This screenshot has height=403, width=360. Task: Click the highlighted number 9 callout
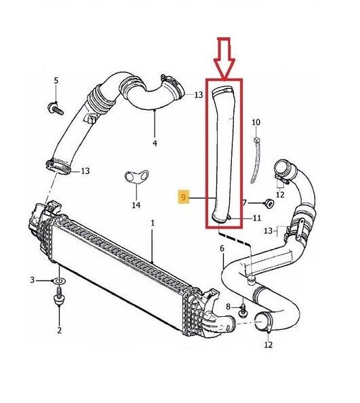183,197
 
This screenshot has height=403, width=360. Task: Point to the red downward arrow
224,58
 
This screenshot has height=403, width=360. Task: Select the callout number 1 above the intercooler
153,223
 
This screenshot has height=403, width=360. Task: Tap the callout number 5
56,81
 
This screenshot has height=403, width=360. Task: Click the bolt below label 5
56,109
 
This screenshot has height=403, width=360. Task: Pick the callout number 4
155,143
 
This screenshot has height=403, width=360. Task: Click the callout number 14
136,205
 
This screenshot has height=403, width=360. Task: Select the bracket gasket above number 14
136,176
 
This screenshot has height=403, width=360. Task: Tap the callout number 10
256,122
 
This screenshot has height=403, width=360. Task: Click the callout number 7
245,203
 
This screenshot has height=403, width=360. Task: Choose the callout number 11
257,218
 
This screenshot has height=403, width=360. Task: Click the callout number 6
222,248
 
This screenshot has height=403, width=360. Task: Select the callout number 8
228,307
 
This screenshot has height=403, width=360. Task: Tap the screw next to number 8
243,311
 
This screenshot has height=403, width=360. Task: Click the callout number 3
32,280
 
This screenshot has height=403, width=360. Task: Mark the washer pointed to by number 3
59,281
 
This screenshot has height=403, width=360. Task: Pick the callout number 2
59,330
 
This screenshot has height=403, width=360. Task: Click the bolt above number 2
59,296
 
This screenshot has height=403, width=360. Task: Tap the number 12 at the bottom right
268,344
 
